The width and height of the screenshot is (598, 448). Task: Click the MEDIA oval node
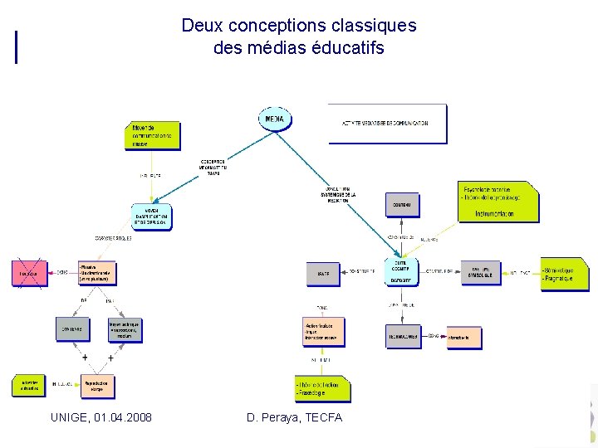275,119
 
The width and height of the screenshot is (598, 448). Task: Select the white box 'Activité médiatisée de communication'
387,123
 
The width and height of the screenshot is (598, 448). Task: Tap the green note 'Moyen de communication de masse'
154,135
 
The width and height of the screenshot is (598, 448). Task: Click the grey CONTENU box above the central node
403,204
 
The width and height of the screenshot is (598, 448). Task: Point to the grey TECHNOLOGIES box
404,337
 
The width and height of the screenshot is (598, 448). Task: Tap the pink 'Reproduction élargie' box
97,386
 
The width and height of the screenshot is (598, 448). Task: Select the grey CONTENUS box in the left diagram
72,329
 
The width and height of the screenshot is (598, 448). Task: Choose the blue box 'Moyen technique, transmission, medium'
125,331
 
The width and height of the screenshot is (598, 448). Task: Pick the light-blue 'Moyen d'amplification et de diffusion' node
151,217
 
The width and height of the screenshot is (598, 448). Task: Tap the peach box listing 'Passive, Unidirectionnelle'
97,273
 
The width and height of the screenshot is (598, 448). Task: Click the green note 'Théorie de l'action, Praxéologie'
322,388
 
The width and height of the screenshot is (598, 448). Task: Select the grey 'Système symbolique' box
482,272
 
